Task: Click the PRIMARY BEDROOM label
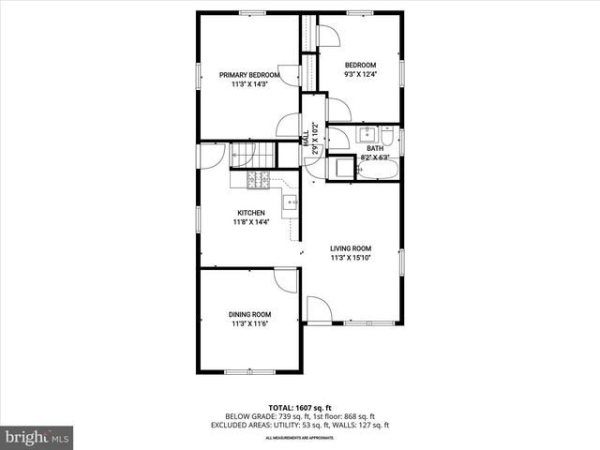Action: pos(248,75)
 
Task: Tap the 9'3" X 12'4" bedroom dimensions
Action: pos(360,75)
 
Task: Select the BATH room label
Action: pos(375,148)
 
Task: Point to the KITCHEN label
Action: pos(250,213)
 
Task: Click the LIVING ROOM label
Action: pos(351,248)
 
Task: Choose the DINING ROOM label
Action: pos(249,315)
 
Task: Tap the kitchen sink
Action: pos(290,201)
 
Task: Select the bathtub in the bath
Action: pos(380,169)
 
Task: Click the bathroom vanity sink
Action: pos(367,135)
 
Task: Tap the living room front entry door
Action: pos(319,310)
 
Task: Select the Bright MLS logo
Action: pos(37,436)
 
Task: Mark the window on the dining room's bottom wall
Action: pos(249,372)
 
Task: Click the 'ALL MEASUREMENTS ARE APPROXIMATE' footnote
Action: pos(300,438)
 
